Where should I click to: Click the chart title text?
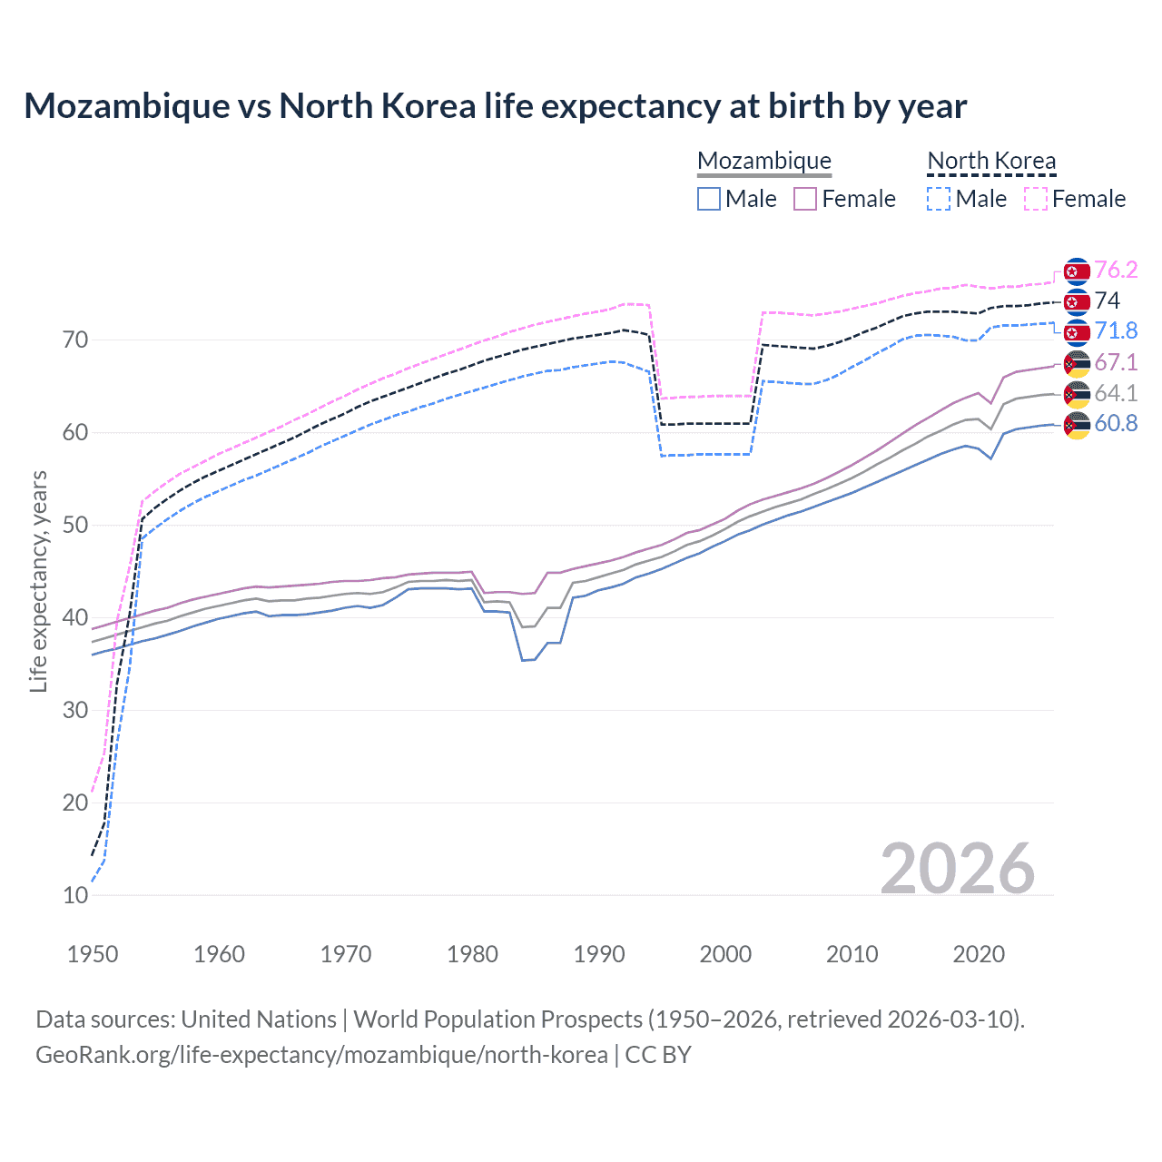coord(496,106)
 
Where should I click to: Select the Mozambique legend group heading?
coord(763,161)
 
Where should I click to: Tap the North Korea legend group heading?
coord(991,161)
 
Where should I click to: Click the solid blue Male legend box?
coord(709,199)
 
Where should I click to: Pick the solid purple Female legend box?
coord(805,199)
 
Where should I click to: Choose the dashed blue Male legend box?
coord(939,199)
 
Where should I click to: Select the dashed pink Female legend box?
coord(1035,199)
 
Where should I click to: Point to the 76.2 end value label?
coord(1116,270)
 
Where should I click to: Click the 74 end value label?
coord(1108,300)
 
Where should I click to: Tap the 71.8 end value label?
coord(1116,330)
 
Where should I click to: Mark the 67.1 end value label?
coord(1116,362)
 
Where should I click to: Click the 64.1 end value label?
coord(1116,393)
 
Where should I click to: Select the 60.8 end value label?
coord(1116,423)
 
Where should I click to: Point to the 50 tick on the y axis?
coord(75,525)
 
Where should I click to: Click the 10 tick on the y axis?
coord(75,895)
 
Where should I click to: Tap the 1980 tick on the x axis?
coord(472,954)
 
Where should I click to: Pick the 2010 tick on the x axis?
coord(852,954)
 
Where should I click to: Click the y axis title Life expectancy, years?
coord(38,581)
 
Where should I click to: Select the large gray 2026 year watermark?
coord(958,869)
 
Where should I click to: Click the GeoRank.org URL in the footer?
coord(321,1055)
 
